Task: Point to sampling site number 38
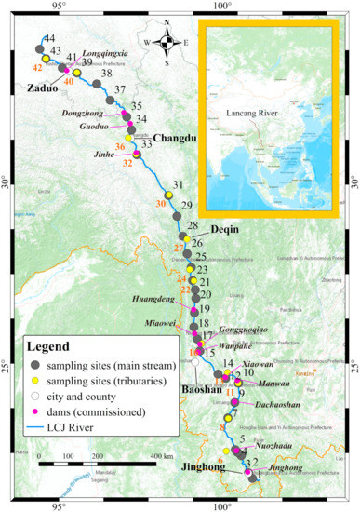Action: (x=107, y=74)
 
